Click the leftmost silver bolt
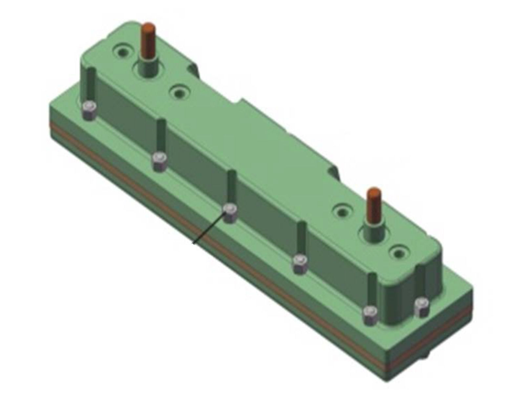[x=89, y=110]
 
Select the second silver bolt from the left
[x=160, y=161]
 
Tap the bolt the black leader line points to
[x=230, y=213]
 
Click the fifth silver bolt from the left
[x=370, y=315]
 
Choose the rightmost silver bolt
[x=421, y=306]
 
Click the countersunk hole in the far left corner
[x=122, y=52]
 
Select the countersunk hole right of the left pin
[x=179, y=93]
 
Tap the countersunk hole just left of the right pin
[x=343, y=211]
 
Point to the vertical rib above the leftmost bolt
[x=91, y=85]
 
